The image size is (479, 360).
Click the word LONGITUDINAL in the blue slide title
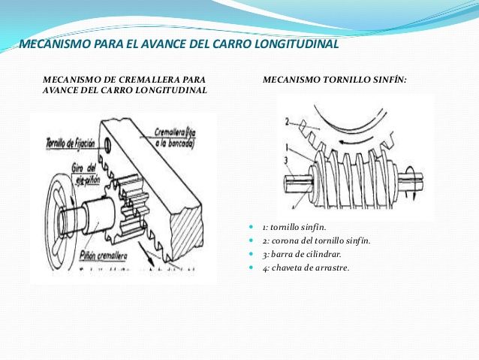294,44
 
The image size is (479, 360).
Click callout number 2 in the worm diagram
283,120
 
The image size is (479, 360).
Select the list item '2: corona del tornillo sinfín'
316,241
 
